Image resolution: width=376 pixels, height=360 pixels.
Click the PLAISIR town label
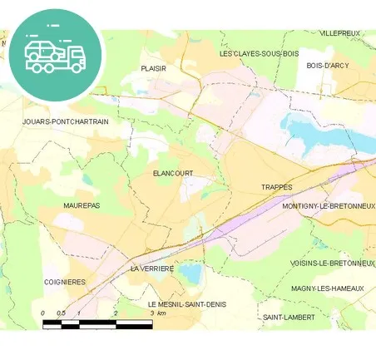click(154, 69)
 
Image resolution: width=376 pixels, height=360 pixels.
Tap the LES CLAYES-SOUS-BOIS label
click(258, 53)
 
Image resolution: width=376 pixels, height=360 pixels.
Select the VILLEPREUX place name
click(340, 34)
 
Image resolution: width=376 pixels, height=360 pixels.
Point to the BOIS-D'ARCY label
click(327, 65)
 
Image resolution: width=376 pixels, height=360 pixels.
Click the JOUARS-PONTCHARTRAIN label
click(66, 121)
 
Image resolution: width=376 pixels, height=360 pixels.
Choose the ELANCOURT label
click(173, 173)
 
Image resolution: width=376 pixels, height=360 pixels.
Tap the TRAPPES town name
click(277, 188)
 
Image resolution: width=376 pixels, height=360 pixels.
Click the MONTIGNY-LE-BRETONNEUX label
click(328, 206)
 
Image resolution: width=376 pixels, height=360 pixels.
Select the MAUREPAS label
click(82, 205)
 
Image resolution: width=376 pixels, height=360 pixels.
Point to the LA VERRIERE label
click(152, 269)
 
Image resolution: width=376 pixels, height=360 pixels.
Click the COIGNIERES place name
click(64, 282)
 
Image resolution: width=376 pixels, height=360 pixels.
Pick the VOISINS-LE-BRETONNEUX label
click(332, 263)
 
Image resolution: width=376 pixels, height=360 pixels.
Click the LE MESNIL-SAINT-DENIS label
click(181, 304)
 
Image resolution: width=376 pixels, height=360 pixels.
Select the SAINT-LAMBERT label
click(289, 318)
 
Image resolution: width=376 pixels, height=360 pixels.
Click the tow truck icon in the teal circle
click(55, 54)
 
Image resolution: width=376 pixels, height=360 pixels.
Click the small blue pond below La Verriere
click(190, 271)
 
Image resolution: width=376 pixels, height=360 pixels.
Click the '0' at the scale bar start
click(42, 313)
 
